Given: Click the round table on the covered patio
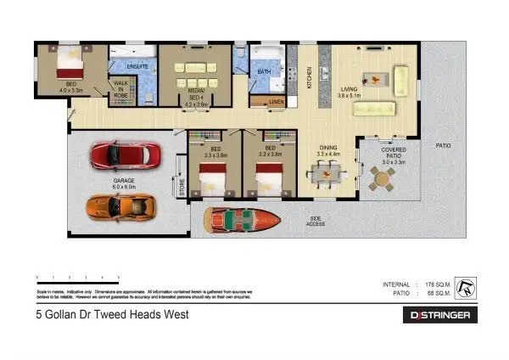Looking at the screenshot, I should click(383, 179).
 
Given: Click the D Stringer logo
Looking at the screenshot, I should click(439, 315).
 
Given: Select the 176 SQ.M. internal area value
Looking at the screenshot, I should click(435, 284).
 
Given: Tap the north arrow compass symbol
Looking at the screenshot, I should click(466, 288).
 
